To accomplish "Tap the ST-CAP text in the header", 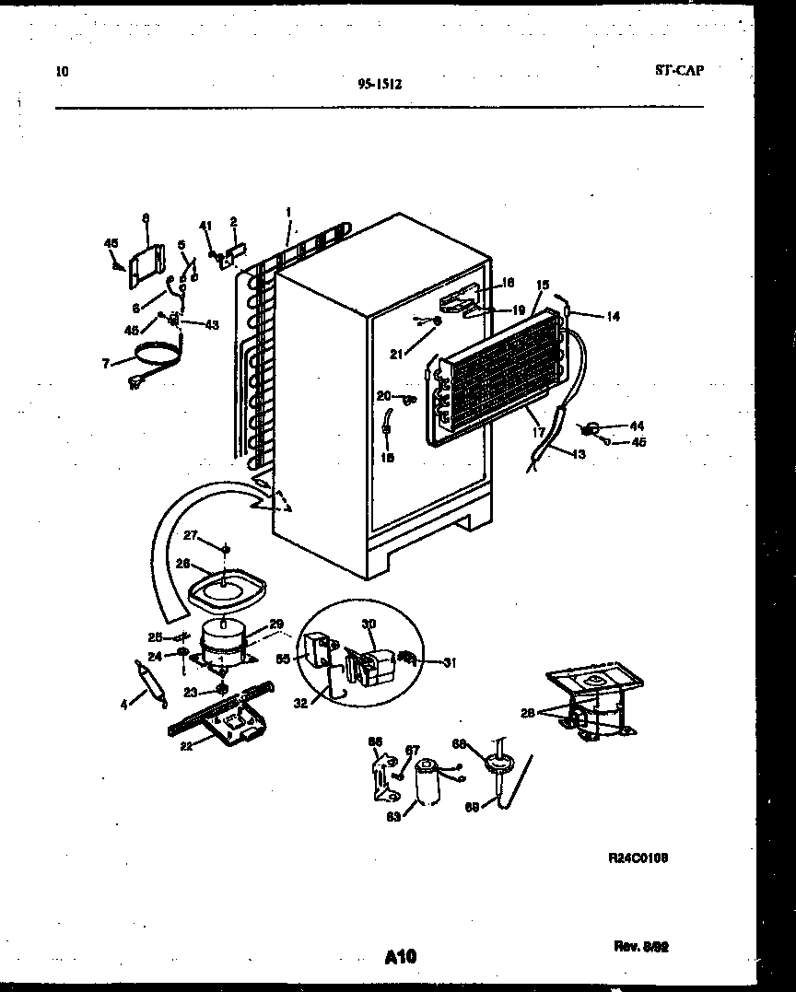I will tap(679, 70).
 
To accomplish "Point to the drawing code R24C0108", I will tap(638, 857).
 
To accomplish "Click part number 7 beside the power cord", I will tap(107, 364).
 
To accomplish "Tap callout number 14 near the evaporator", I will tap(613, 316).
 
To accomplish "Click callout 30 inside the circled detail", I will tap(368, 624).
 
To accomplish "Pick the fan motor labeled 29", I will tap(222, 639).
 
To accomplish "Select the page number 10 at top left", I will tap(62, 71).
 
